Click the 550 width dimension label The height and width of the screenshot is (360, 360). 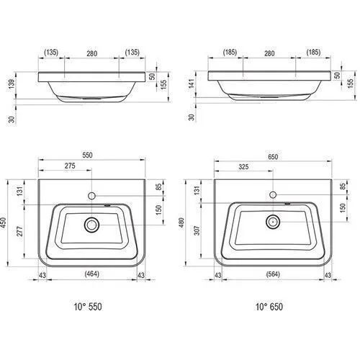tap(87, 155)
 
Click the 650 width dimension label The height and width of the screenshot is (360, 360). tap(273, 157)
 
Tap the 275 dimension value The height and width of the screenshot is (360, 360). tap(70, 166)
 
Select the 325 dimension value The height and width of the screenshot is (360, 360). tap(243, 167)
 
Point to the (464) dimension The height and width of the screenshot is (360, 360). tap(92, 274)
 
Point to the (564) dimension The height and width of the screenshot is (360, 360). tap(273, 274)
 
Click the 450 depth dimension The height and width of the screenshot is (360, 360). tap(4, 223)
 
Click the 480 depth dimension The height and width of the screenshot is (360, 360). tap(181, 222)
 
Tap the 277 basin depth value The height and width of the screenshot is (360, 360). tap(19, 231)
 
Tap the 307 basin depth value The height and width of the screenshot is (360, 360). tap(197, 230)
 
